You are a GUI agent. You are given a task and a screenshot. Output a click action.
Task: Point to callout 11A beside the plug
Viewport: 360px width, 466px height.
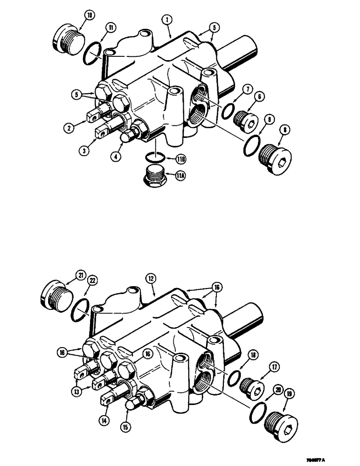[182, 176]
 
